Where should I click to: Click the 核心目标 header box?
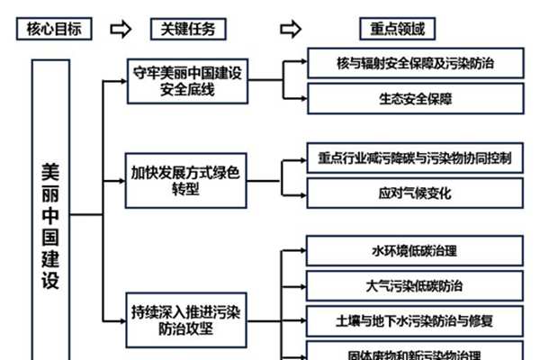click(x=53, y=30)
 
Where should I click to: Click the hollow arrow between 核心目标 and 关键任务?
click(x=121, y=30)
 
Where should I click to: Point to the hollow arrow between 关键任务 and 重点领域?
click(x=290, y=30)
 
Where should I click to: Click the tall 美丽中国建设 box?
click(x=50, y=212)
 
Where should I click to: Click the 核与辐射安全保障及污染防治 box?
click(x=414, y=63)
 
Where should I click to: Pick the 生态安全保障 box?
click(x=414, y=97)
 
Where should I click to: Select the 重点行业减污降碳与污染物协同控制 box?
click(x=414, y=159)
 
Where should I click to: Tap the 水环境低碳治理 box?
click(x=414, y=251)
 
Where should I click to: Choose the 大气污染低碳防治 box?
click(x=414, y=285)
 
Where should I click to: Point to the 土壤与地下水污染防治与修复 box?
click(x=414, y=319)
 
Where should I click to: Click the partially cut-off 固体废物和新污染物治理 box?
click(x=414, y=353)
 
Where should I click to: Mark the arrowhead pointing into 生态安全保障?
click(x=301, y=97)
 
